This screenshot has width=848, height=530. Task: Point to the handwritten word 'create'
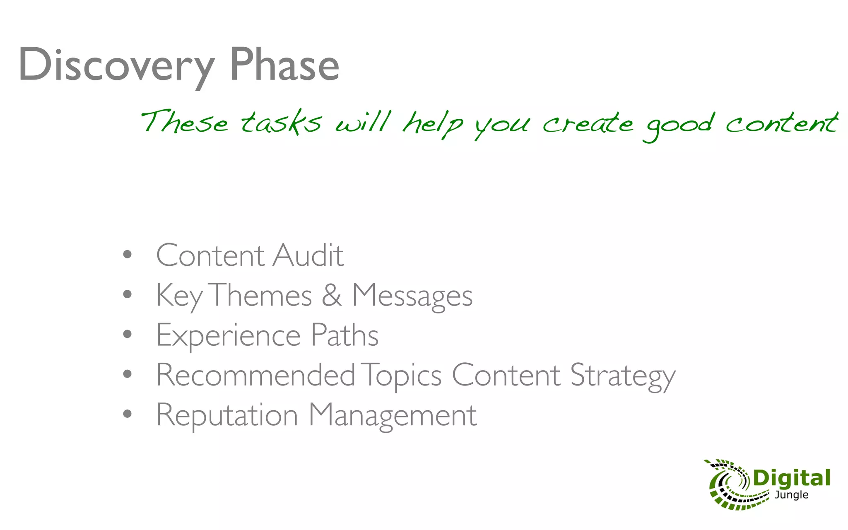(x=588, y=123)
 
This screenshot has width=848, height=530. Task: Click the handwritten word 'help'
(x=433, y=123)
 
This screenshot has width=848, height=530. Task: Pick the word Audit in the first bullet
(x=308, y=255)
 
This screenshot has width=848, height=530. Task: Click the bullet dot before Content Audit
(x=128, y=254)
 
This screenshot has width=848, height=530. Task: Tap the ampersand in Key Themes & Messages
(x=332, y=295)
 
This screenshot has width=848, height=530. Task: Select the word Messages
(x=412, y=296)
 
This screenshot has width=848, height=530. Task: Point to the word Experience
(x=228, y=335)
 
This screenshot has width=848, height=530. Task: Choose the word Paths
(x=344, y=335)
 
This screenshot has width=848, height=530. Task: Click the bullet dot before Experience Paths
(x=128, y=334)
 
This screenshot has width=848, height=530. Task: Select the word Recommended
(x=255, y=375)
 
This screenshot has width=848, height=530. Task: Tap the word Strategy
(x=623, y=376)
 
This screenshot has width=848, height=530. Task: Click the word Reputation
(x=227, y=415)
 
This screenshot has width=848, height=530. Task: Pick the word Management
(x=393, y=415)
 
